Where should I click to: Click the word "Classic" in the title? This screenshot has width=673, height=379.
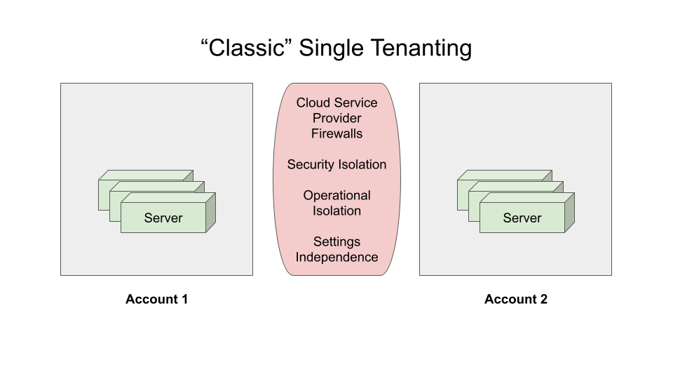coord(247,47)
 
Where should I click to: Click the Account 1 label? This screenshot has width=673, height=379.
coord(156,299)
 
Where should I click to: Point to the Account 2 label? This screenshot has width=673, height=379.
coord(516,299)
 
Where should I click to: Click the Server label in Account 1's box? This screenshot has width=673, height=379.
coord(163,218)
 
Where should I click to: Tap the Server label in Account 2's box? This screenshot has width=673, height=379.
coord(522,218)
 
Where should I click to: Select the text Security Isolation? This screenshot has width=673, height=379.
coord(337,164)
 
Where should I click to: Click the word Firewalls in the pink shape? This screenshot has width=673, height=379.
coord(337,133)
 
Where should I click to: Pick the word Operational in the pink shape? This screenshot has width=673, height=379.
coord(337,196)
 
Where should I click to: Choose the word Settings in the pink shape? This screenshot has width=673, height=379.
coord(337,242)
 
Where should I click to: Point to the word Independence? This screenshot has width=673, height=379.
coord(337,258)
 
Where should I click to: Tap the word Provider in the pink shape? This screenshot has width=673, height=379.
coord(337,118)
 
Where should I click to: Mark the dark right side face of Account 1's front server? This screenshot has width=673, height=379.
coord(211,213)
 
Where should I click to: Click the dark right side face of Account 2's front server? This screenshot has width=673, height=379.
coord(569,213)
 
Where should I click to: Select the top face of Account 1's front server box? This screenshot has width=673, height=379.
coord(168,198)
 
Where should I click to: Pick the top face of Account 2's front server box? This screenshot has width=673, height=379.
coord(527,198)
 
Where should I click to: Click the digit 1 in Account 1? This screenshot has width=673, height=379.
coord(184,299)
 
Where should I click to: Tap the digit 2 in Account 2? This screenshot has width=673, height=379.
coord(544,299)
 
